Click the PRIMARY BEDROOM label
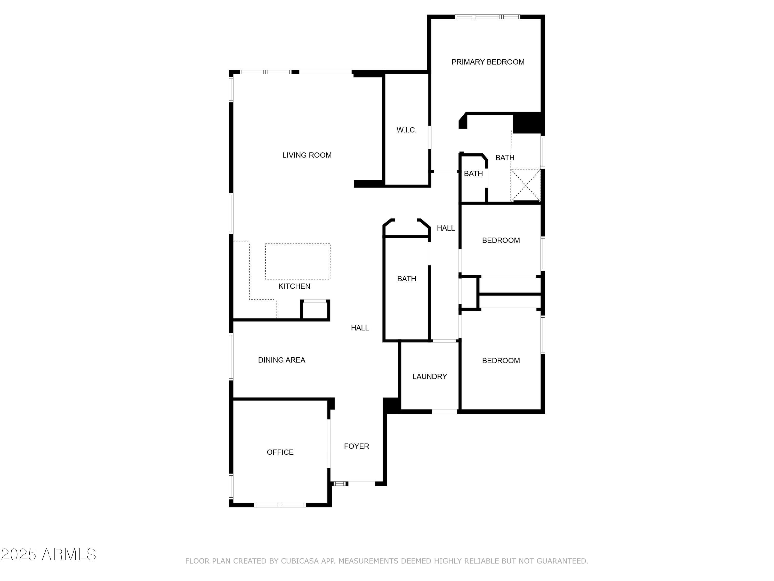[488, 62]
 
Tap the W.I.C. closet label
[407, 130]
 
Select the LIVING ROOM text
[307, 155]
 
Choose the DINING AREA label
[282, 360]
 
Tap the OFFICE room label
[280, 452]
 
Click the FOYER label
[357, 446]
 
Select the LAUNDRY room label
[430, 376]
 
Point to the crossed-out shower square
[526, 185]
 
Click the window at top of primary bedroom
[487, 17]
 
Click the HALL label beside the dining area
[360, 328]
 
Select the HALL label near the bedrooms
[446, 228]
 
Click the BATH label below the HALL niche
[407, 279]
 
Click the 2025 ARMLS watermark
[49, 554]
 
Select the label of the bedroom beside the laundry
[501, 361]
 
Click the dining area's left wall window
[231, 357]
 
